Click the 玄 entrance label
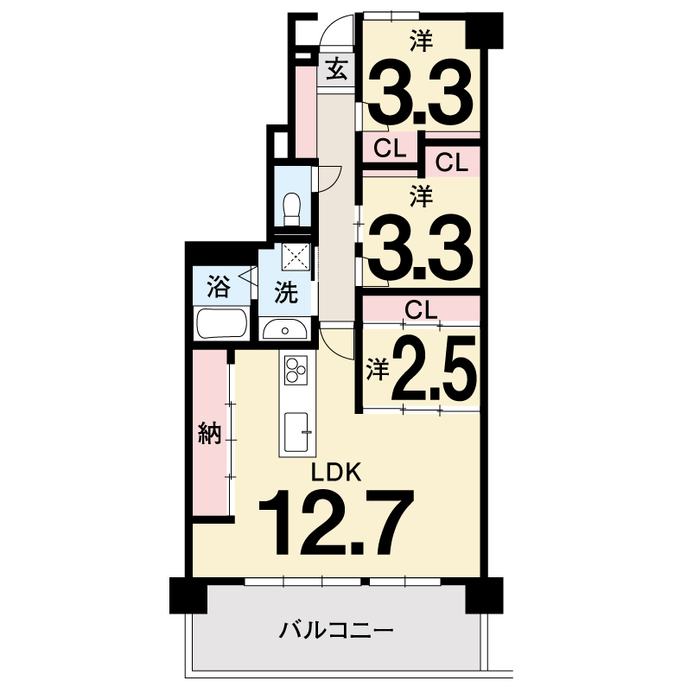pos(337,70)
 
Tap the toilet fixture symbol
pos(292,208)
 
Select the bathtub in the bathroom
pos(222,324)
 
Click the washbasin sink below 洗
pos(285,329)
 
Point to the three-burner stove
pos(296,369)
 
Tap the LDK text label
pos(336,473)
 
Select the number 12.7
pos(336,522)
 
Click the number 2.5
pos(434,368)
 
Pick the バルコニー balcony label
pos(336,632)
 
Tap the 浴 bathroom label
pos(218,287)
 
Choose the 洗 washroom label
pos(286,292)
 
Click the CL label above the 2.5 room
pos(421,310)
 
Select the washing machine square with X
pos(296,258)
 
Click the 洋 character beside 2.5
pos(378,369)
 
